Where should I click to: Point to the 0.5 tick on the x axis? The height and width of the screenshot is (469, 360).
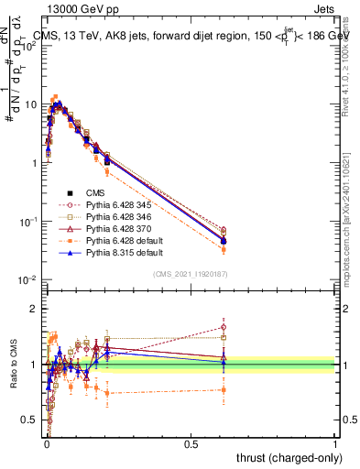(191, 444)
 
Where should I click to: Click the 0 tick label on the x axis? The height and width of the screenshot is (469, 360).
(46, 444)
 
